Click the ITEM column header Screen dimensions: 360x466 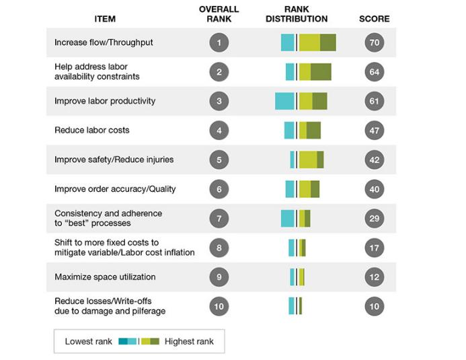click(105, 19)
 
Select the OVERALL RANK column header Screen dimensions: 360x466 click(216, 14)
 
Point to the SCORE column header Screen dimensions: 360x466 click(375, 19)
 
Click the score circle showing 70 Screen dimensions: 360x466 click(375, 42)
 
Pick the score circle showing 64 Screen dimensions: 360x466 click(375, 72)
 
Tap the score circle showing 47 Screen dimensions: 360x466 click(375, 130)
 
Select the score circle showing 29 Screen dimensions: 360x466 click(375, 218)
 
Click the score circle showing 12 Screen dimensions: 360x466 click(375, 277)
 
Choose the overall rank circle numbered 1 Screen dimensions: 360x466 click(219, 42)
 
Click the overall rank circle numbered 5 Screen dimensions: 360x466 click(219, 159)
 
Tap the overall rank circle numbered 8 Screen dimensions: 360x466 click(219, 248)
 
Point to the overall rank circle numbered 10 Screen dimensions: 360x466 click(219, 306)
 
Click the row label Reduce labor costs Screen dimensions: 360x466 click(92, 130)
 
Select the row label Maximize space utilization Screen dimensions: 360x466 click(105, 277)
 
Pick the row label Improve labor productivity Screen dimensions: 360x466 click(105, 101)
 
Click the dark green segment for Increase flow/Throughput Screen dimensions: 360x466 click(327, 42)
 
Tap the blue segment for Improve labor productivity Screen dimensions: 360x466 click(284, 101)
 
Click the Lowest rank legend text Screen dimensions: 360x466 click(88, 341)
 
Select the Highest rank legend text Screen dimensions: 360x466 click(189, 341)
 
